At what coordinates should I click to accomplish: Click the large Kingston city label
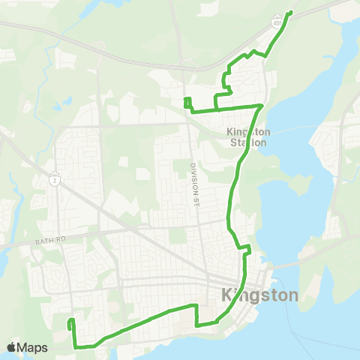coord(260,295)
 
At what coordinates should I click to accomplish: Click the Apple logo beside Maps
coord(12,347)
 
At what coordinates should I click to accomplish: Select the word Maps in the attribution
coord(33,347)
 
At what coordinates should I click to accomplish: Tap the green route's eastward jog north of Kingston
coord(243,248)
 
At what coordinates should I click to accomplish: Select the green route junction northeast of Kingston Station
coord(260,106)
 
